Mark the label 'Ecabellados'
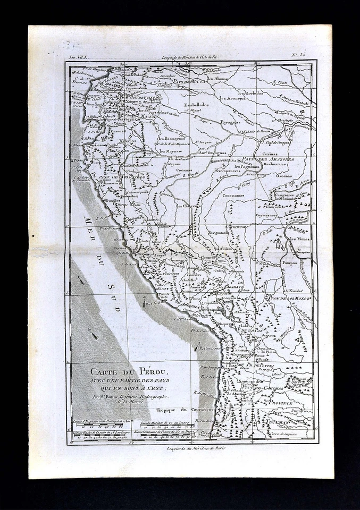tap(196, 105)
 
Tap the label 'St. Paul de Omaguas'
tap(287, 142)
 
